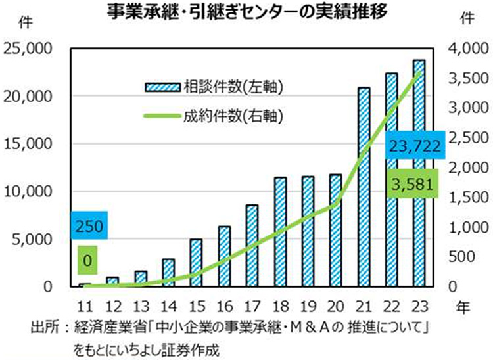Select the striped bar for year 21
363,187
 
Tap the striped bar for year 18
280,232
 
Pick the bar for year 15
197,263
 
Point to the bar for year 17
252,246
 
